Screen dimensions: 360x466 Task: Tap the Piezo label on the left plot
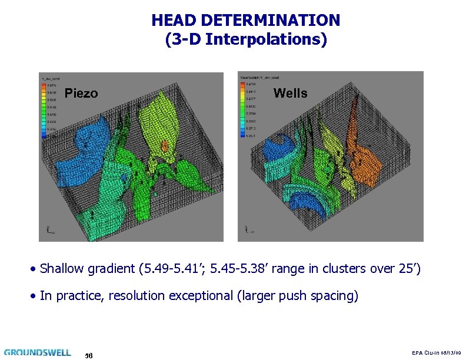(81, 94)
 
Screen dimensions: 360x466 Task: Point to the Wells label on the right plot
(290, 93)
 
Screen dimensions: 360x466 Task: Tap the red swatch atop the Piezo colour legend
(43, 86)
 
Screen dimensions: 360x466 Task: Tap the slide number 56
(89, 355)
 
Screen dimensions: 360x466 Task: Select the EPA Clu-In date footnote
(435, 352)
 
